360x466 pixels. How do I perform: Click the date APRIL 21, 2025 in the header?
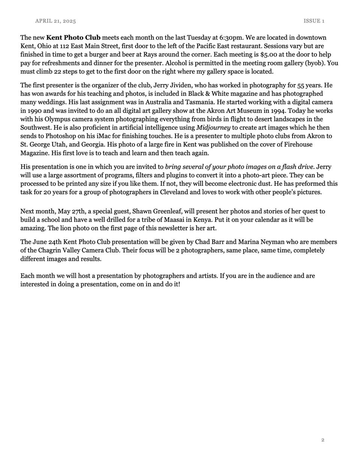55,21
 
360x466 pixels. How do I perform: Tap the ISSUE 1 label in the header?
314,21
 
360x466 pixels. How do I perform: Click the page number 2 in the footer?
322,440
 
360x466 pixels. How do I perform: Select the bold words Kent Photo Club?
73,38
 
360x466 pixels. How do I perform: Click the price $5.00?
270,54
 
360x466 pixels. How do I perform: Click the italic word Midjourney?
213,128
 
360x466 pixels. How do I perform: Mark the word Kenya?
194,220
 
